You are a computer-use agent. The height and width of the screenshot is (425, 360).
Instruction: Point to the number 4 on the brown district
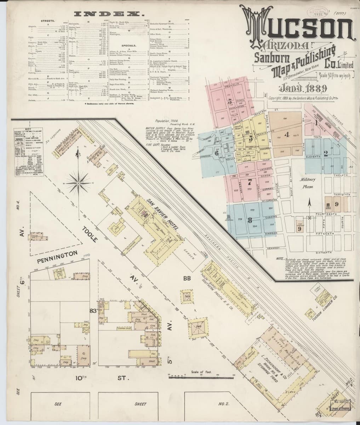287,134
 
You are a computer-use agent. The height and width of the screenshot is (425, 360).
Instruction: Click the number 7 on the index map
250,183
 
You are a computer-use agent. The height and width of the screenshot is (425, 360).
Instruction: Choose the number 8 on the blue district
250,220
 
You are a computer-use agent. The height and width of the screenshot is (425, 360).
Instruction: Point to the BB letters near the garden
187,278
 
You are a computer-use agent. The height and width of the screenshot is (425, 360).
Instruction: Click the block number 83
93,311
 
